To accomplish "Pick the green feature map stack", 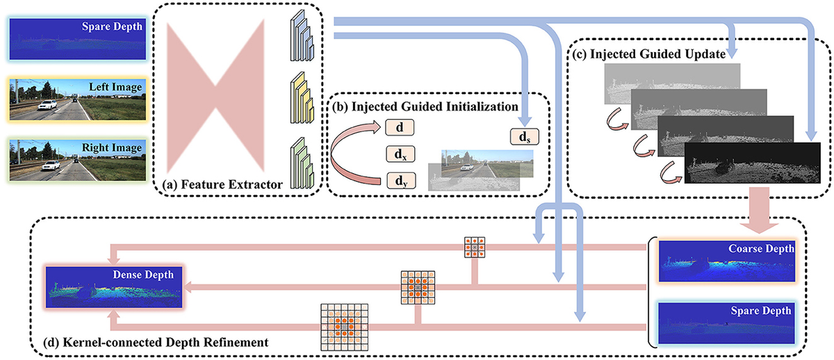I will coord(302,166).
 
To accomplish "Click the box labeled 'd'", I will coord(399,127).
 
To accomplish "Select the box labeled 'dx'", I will coord(399,154).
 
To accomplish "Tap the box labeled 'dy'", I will coord(399,182).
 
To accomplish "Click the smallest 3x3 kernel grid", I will coord(475,247).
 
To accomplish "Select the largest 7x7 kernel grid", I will coord(343,326).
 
